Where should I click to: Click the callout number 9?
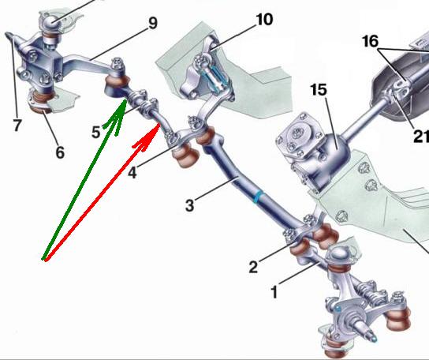(x=153, y=23)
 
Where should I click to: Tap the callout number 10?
(x=264, y=20)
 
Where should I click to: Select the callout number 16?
(x=371, y=42)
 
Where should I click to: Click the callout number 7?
(x=17, y=126)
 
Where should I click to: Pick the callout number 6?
(x=60, y=152)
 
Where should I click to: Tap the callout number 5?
(x=96, y=133)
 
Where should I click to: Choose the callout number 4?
(x=132, y=173)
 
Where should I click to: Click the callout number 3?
(x=189, y=205)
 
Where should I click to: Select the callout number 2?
(x=253, y=267)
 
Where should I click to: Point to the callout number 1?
(x=274, y=292)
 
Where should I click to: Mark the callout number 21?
(x=421, y=136)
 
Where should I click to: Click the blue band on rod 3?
(x=257, y=197)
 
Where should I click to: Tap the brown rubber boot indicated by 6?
(x=42, y=103)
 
